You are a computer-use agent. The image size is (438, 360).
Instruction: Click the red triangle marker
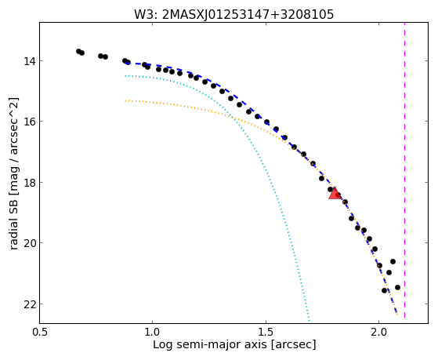tap(334, 194)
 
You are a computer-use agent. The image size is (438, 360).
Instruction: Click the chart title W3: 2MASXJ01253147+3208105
tap(233, 15)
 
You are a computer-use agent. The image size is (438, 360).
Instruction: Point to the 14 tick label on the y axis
tap(29, 60)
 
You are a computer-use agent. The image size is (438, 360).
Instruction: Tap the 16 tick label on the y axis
tap(29, 122)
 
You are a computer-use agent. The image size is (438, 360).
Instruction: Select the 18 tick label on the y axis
tap(29, 183)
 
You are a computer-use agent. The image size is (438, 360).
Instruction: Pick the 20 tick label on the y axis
tap(29, 243)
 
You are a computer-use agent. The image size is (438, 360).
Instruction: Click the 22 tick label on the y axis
tap(29, 304)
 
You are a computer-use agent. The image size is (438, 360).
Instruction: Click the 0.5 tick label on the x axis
tap(40, 332)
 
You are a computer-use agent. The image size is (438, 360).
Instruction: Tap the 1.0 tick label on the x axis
tap(152, 332)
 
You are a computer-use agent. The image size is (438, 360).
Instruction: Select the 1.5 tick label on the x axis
tap(266, 332)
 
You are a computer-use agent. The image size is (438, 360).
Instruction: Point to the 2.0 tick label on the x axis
tap(378, 332)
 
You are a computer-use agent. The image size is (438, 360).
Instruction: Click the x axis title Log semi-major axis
tap(210, 344)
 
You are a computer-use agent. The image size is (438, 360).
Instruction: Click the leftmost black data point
tap(79, 51)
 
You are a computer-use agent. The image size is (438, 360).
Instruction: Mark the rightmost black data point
tap(397, 287)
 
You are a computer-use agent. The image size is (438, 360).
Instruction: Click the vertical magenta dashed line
tap(404, 170)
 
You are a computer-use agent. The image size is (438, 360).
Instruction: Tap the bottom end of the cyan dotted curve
tap(309, 321)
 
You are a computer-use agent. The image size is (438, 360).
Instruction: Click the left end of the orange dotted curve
tap(125, 100)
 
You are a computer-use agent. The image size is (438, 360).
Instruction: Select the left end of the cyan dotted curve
tap(125, 76)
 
